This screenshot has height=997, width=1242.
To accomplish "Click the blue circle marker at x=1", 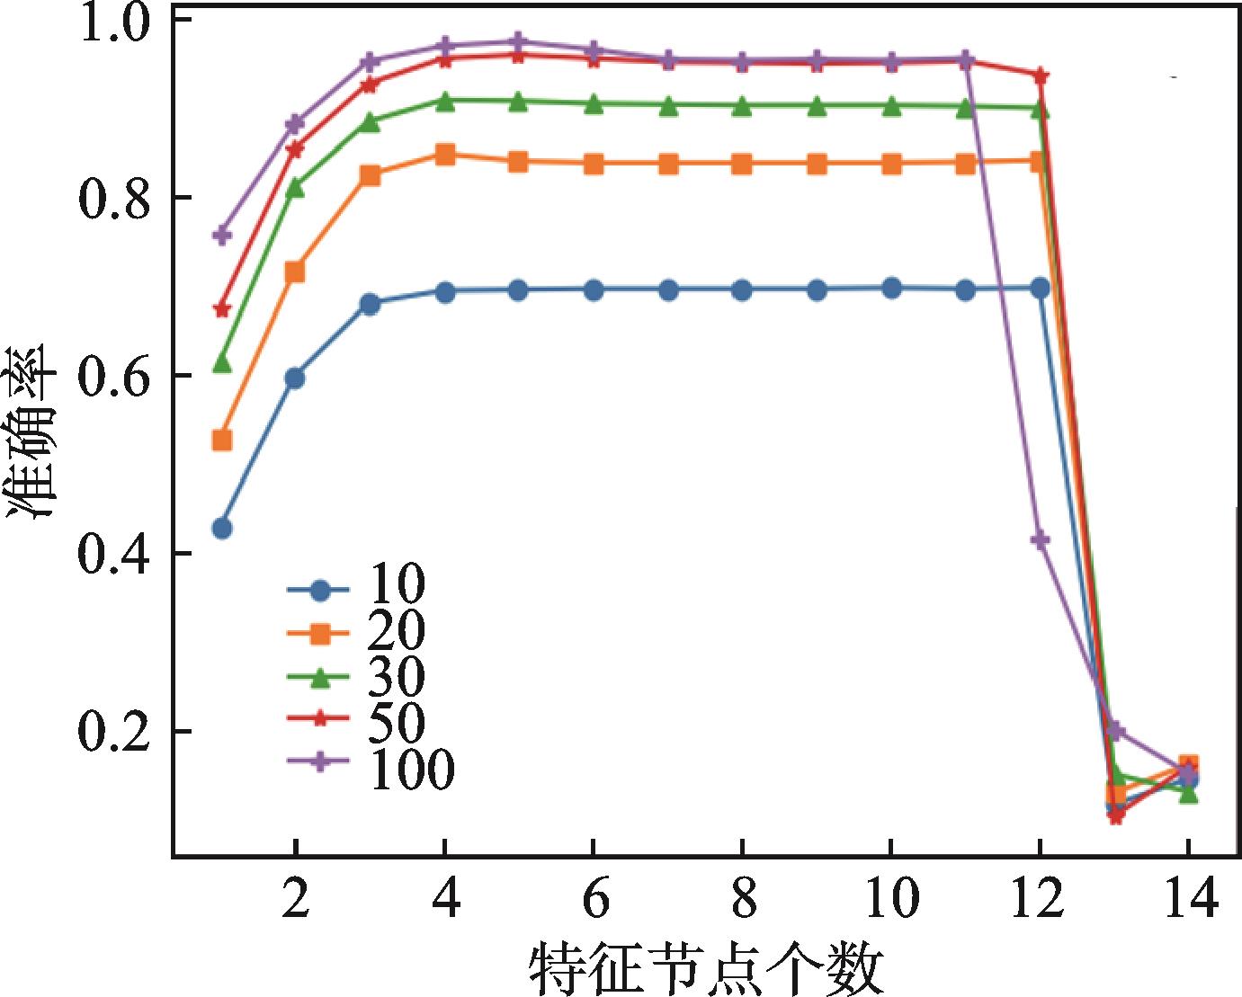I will tap(222, 528).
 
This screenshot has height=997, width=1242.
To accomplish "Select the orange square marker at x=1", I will tap(221, 441).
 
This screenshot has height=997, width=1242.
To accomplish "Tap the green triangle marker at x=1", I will tap(221, 363).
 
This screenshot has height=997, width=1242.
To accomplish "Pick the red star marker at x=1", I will tap(221, 309).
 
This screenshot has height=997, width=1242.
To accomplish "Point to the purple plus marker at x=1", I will tap(221, 236).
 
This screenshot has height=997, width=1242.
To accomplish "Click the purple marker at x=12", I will tap(1040, 539).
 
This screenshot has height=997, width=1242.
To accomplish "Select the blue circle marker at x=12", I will tap(1040, 288).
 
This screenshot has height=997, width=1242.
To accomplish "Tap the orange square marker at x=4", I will tap(444, 155).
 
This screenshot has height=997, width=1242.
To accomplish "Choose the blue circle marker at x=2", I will tap(295, 378).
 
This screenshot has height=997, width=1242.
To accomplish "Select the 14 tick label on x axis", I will tap(1187, 899).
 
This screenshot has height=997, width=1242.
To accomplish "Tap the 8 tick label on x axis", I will tap(742, 899).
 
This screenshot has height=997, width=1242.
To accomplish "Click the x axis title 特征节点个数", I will tap(701, 967).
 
